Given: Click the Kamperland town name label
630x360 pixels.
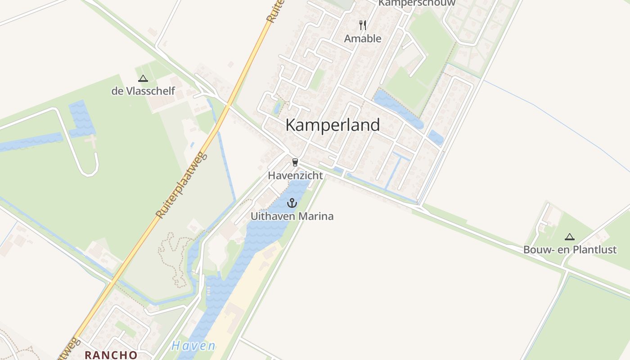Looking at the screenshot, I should pos(333,125).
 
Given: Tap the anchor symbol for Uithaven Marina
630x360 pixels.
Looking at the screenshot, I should pos(292,203).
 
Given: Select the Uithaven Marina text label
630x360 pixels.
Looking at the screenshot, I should pos(292,216).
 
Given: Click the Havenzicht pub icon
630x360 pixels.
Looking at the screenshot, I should pos(295,162).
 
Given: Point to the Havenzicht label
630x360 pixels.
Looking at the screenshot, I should pos(295,175).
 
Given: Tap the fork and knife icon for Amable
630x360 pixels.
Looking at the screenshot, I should pos(363,25).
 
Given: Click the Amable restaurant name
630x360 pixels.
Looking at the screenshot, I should pos(363,39).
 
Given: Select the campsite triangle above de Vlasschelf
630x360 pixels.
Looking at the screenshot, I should pos(143,79).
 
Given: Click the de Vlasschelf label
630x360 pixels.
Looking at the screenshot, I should pos(143,92).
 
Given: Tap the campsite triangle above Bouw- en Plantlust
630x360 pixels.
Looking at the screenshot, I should pos(570,237).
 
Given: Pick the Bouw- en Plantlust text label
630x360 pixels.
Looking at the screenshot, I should pos(570,250).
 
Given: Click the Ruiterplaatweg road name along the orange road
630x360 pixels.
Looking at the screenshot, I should pos(182,186).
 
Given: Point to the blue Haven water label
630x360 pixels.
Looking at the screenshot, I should pos(193,346).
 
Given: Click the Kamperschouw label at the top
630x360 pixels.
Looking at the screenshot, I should pos(417,3).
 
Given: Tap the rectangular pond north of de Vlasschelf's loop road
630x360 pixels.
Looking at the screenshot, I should pos(81,118).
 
